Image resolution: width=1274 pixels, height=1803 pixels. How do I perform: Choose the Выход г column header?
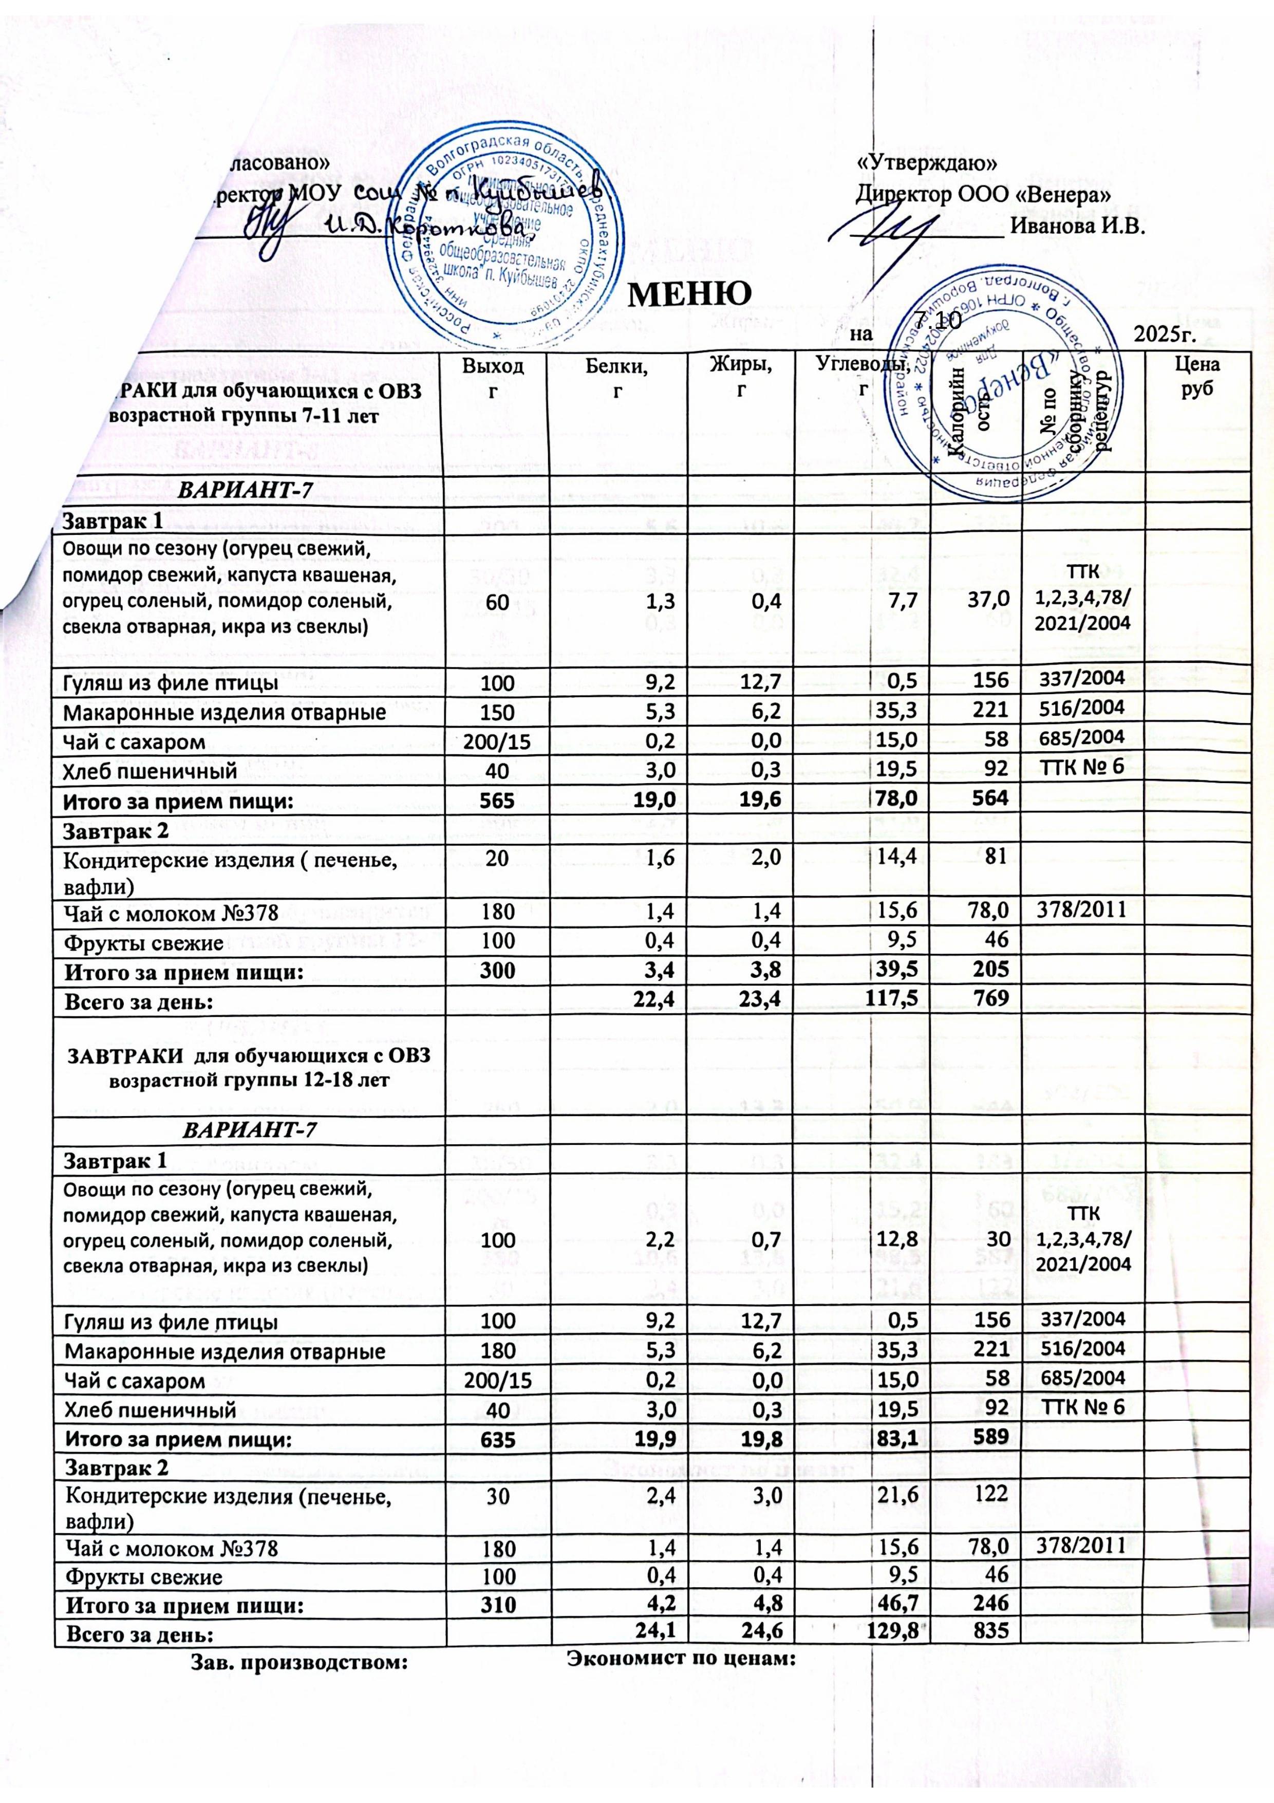tap(492, 377)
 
